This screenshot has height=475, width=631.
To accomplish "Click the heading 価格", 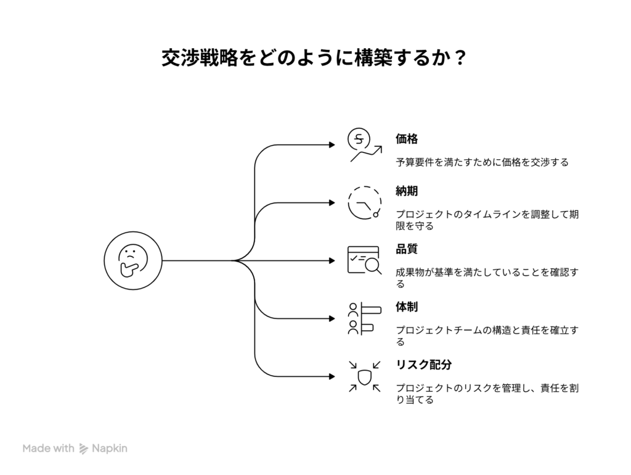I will coord(407,139).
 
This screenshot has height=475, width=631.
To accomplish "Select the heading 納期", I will coord(407,191).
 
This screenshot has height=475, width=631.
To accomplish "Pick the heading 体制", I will coord(407,307).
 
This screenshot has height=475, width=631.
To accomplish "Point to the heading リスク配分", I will coord(424,365).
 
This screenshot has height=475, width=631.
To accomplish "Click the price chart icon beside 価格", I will coord(363,146).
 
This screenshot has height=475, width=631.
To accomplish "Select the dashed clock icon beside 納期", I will coord(364,203).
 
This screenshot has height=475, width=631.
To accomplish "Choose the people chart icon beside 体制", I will coord(363,318).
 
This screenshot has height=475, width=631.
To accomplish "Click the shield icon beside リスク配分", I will coord(364,376).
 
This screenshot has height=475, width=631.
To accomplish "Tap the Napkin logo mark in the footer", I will coord(84,449).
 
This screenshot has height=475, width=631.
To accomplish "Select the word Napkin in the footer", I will coord(110,449).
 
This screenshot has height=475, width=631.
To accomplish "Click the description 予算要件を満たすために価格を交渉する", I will coord(482,163).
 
